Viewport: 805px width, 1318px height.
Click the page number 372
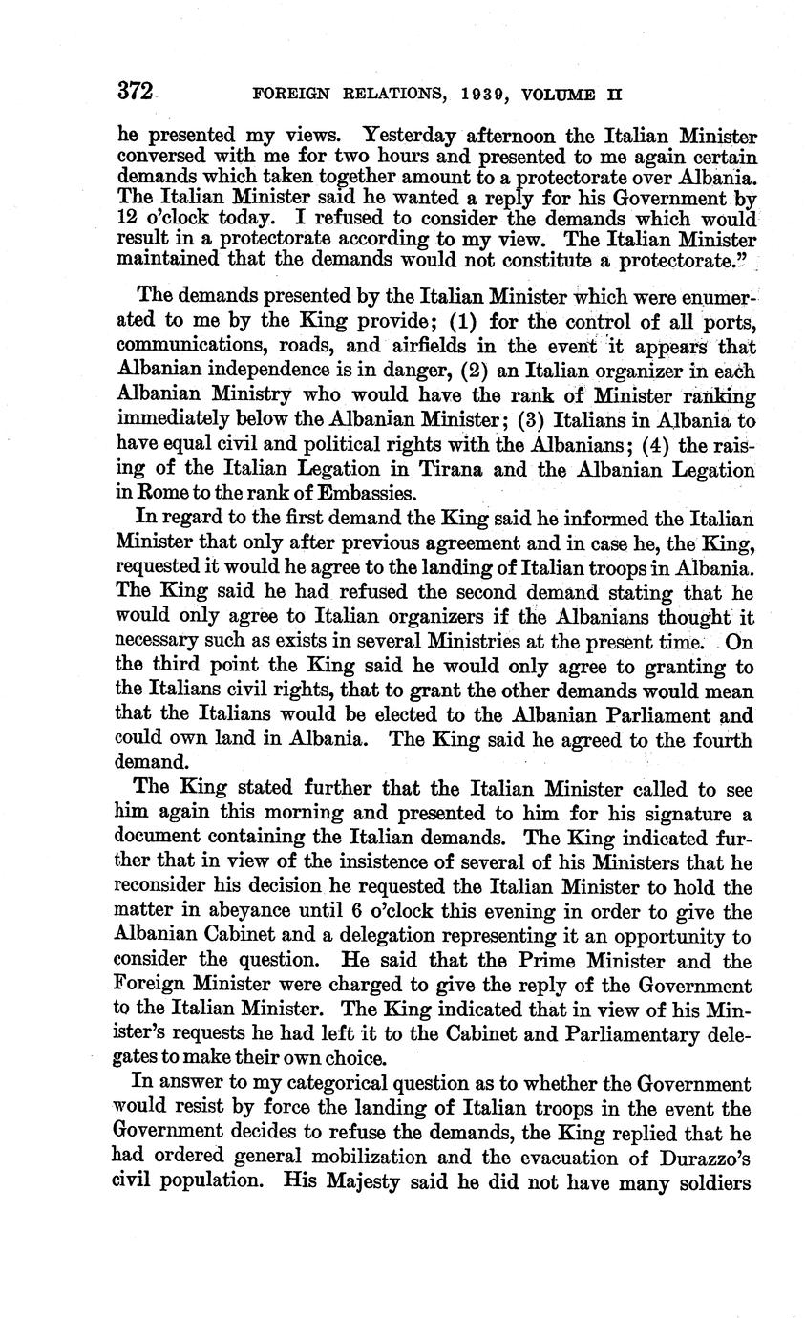tap(135, 92)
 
